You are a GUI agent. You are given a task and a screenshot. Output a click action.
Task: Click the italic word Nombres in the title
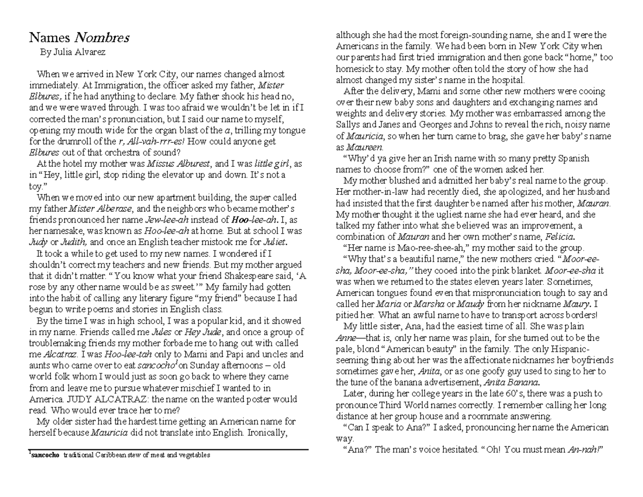[101, 38]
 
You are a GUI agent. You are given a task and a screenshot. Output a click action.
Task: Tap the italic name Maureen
[364, 147]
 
